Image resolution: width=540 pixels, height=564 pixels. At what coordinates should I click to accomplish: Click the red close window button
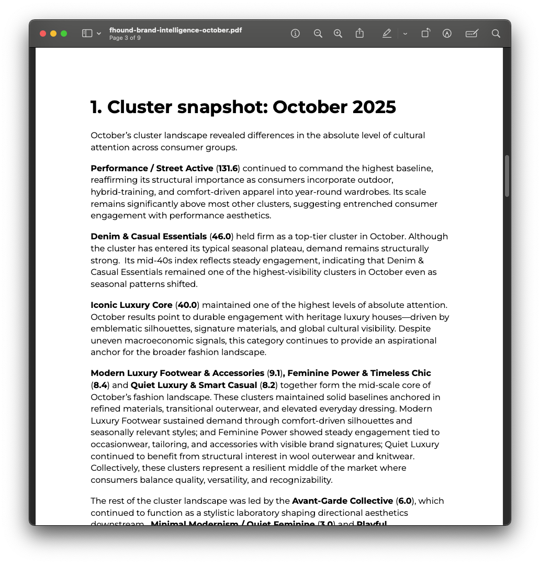click(x=43, y=34)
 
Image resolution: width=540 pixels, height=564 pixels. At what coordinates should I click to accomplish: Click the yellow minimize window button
click(x=53, y=34)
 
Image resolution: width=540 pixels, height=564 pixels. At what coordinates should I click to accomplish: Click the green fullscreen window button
click(x=64, y=34)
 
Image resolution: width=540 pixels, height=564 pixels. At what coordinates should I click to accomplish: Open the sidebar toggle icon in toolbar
click(x=87, y=34)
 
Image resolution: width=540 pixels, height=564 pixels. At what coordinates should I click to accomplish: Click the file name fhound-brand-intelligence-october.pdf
click(x=175, y=30)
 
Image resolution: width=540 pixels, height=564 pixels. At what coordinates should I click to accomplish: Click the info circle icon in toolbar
click(x=295, y=34)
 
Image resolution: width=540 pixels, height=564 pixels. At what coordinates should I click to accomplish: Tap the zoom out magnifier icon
click(x=318, y=34)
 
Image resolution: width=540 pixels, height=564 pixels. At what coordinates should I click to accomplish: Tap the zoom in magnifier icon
click(x=338, y=34)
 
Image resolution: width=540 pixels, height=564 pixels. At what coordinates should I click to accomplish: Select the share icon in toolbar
click(x=359, y=34)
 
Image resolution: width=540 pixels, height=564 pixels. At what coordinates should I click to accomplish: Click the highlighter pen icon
click(x=387, y=34)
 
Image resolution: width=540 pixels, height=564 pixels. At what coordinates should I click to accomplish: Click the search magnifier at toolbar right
click(x=496, y=34)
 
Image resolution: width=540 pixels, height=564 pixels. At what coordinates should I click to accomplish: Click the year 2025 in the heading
click(x=374, y=107)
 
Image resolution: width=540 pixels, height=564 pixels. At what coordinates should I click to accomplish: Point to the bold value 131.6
click(x=228, y=169)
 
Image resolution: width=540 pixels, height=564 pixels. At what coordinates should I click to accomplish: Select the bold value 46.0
click(x=221, y=237)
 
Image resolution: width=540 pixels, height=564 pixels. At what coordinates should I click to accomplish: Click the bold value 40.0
click(x=187, y=305)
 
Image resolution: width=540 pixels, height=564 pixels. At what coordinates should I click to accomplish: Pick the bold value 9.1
click(x=275, y=373)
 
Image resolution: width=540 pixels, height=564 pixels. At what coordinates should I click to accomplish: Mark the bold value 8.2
click(x=268, y=385)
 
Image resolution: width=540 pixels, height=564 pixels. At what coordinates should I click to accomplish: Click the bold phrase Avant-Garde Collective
click(x=342, y=501)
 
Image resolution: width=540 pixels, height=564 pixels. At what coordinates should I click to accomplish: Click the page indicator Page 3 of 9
click(x=125, y=38)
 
